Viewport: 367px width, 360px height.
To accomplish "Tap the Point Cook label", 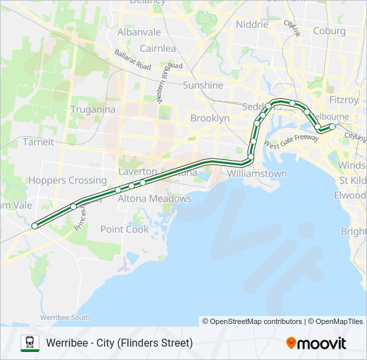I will point(124,229).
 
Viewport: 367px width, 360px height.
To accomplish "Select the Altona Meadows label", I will point(155,198).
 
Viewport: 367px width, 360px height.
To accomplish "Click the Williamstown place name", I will point(257,173).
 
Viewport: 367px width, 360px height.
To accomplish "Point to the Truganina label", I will point(93,109).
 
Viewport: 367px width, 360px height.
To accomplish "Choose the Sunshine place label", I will point(203,85).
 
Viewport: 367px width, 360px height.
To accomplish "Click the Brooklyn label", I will point(210,118).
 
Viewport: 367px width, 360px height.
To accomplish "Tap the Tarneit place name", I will point(38,141).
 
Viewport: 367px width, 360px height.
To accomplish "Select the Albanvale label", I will point(139,32).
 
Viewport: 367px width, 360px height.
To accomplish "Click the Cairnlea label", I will point(157,48).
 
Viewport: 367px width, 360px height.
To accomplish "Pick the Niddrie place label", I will point(252,25).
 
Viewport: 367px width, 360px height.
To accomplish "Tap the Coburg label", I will point(329,31).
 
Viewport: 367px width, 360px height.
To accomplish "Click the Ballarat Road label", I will point(132,59).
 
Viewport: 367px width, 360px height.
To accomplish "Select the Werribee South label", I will point(65,317).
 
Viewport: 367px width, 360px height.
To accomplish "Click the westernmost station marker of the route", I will point(34,226).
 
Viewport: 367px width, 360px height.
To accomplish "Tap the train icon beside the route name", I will point(29,343).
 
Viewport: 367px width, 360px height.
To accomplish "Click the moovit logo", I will point(316,343).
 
